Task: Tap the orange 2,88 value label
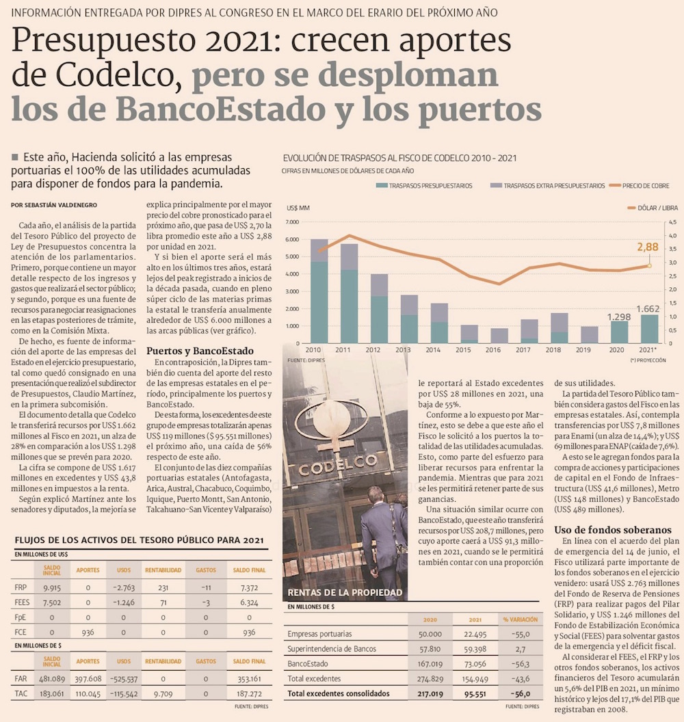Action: pyautogui.click(x=647, y=248)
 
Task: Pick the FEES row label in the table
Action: pyautogui.click(x=22, y=602)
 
